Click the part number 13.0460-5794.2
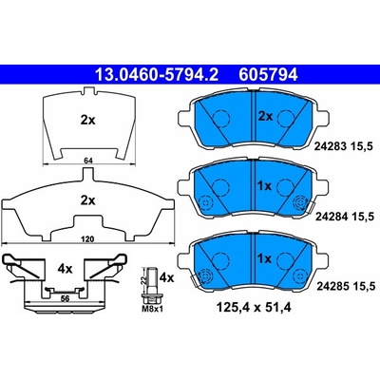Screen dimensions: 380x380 [x=157, y=75]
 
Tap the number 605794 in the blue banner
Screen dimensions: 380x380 [x=268, y=75]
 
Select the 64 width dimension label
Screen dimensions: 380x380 [x=88, y=161]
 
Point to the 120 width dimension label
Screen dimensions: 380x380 [x=87, y=239]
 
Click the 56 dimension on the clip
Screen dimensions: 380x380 [x=66, y=298]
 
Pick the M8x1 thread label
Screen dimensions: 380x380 [x=153, y=308]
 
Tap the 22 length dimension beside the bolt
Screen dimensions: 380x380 [x=143, y=279]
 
